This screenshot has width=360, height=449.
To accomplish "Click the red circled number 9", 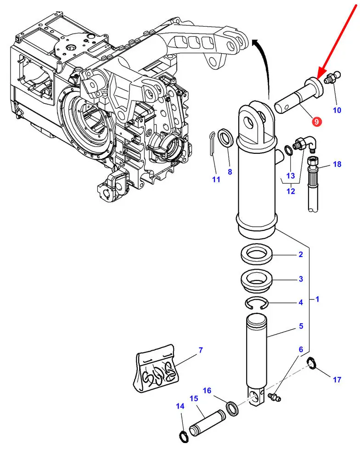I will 316,122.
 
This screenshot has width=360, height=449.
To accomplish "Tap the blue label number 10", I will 337,110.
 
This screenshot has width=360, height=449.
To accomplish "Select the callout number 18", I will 337,164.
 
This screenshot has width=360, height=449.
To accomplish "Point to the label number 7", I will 201,351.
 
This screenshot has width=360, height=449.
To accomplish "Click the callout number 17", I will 337,380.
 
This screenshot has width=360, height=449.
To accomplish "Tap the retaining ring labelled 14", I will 183,435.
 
